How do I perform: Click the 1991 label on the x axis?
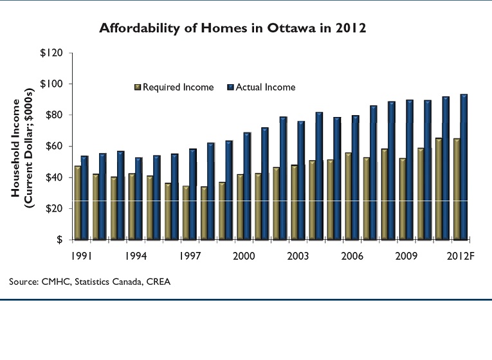(82, 255)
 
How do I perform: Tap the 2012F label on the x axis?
(462, 255)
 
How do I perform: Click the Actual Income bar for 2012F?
(464, 167)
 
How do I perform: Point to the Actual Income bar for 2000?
(247, 186)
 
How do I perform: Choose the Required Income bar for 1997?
(186, 213)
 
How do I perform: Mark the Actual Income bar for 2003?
(301, 180)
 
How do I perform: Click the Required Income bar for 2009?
(402, 199)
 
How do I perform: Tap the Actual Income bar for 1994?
(139, 199)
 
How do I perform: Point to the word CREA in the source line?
(160, 282)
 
